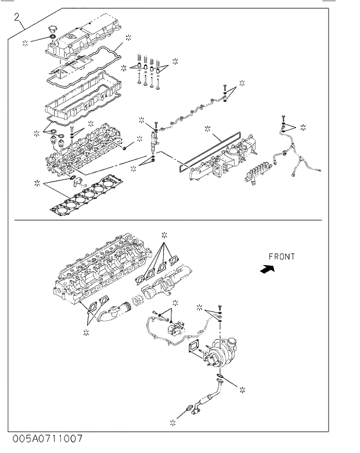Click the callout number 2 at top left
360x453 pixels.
pos(17,17)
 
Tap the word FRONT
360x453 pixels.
pos(282,256)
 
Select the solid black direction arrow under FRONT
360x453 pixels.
pos(267,269)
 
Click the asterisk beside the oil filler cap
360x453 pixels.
pos(25,43)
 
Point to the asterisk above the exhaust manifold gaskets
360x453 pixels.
pos(164,234)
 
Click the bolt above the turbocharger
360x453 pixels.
pos(220,306)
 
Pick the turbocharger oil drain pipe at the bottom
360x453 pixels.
pos(207,401)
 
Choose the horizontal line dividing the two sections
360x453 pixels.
pos(168,220)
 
